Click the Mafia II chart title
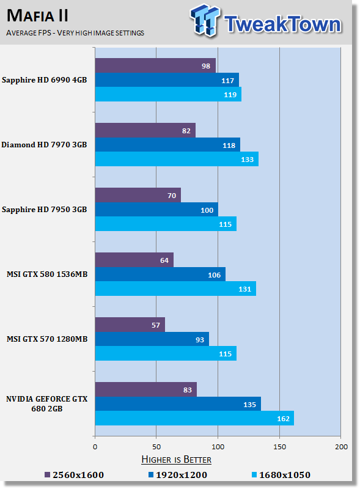tap(37, 16)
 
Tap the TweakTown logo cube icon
tap(205, 20)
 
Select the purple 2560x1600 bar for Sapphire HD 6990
tap(155, 65)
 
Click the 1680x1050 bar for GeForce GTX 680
tap(194, 418)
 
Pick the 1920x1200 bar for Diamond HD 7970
tap(167, 145)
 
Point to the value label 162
tap(283, 419)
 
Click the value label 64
tap(164, 260)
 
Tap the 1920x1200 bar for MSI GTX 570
tap(152, 339)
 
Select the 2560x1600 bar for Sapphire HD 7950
tap(138, 195)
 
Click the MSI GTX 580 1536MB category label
tap(47, 274)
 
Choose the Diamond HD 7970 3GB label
tap(44, 145)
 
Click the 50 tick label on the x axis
tap(156, 447)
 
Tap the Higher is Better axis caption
tap(176, 460)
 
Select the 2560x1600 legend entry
tap(74, 475)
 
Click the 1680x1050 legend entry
tap(281, 475)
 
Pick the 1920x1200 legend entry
tap(178, 475)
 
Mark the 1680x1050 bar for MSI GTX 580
tap(175, 289)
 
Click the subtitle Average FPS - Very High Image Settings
tap(75, 33)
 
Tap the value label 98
tap(206, 66)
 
